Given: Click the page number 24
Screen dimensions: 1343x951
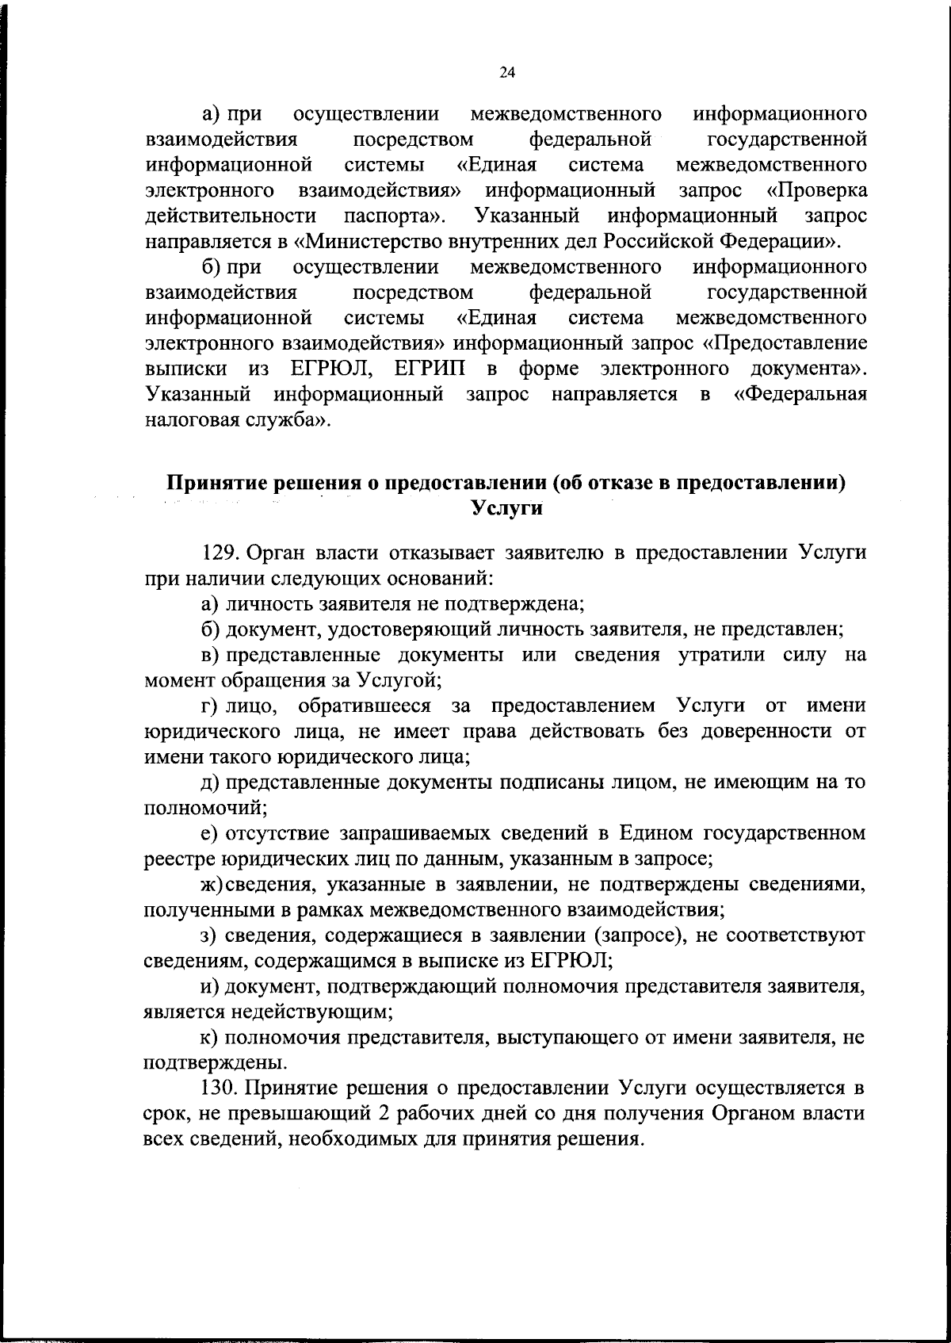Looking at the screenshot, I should [x=507, y=73].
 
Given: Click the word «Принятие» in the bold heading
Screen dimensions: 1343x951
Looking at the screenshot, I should [x=214, y=483].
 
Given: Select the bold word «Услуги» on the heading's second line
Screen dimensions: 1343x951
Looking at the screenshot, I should [x=507, y=508].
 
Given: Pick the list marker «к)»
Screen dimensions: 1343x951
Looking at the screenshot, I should [x=209, y=1036].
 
